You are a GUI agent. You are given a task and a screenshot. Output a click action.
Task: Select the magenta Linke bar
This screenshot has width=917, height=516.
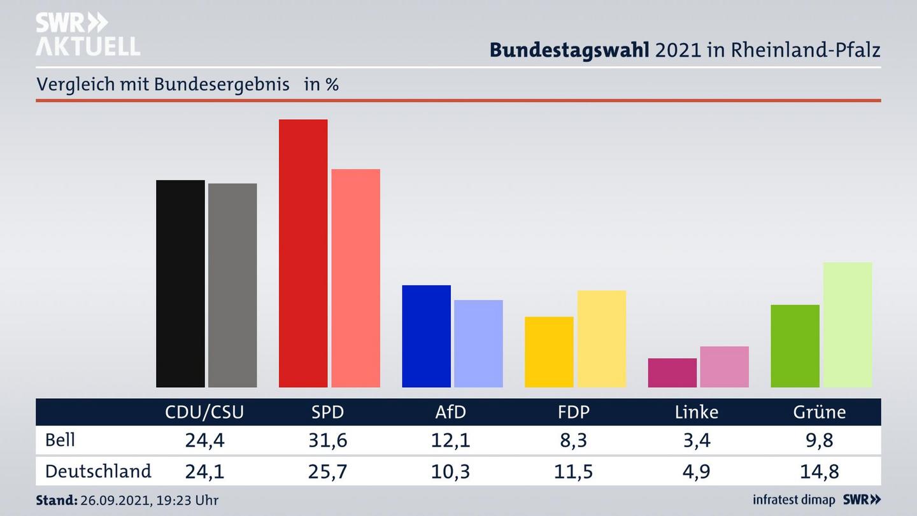pyautogui.click(x=672, y=373)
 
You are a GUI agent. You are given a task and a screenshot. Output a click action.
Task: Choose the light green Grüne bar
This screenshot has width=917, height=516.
pyautogui.click(x=847, y=324)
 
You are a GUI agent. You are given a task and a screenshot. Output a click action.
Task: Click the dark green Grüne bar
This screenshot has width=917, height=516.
pyautogui.click(x=795, y=346)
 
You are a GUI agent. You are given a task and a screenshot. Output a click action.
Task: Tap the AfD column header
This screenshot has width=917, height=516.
pyautogui.click(x=450, y=412)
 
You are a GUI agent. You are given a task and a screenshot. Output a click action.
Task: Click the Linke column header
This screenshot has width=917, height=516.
pyautogui.click(x=696, y=412)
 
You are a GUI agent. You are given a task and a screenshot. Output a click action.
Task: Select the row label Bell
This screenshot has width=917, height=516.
pyautogui.click(x=60, y=440)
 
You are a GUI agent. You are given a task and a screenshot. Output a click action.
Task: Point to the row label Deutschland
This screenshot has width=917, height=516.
pyautogui.click(x=98, y=471)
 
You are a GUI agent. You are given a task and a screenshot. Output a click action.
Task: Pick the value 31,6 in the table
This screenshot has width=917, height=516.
pyautogui.click(x=327, y=440)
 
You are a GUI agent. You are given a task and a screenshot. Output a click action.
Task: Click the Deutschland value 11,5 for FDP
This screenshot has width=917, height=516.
pyautogui.click(x=573, y=471)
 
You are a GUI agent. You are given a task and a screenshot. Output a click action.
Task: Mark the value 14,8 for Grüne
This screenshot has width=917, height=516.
pyautogui.click(x=819, y=471)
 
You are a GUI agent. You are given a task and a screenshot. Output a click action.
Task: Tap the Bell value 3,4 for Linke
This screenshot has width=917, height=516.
pyautogui.click(x=696, y=440)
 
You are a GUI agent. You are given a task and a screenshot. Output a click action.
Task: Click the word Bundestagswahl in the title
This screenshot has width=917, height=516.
pyautogui.click(x=569, y=50)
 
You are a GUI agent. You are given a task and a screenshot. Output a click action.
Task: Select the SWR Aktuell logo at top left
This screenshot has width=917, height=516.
pyautogui.click(x=87, y=34)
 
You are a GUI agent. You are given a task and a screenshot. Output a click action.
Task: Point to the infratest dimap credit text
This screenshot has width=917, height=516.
pyautogui.click(x=794, y=500)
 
